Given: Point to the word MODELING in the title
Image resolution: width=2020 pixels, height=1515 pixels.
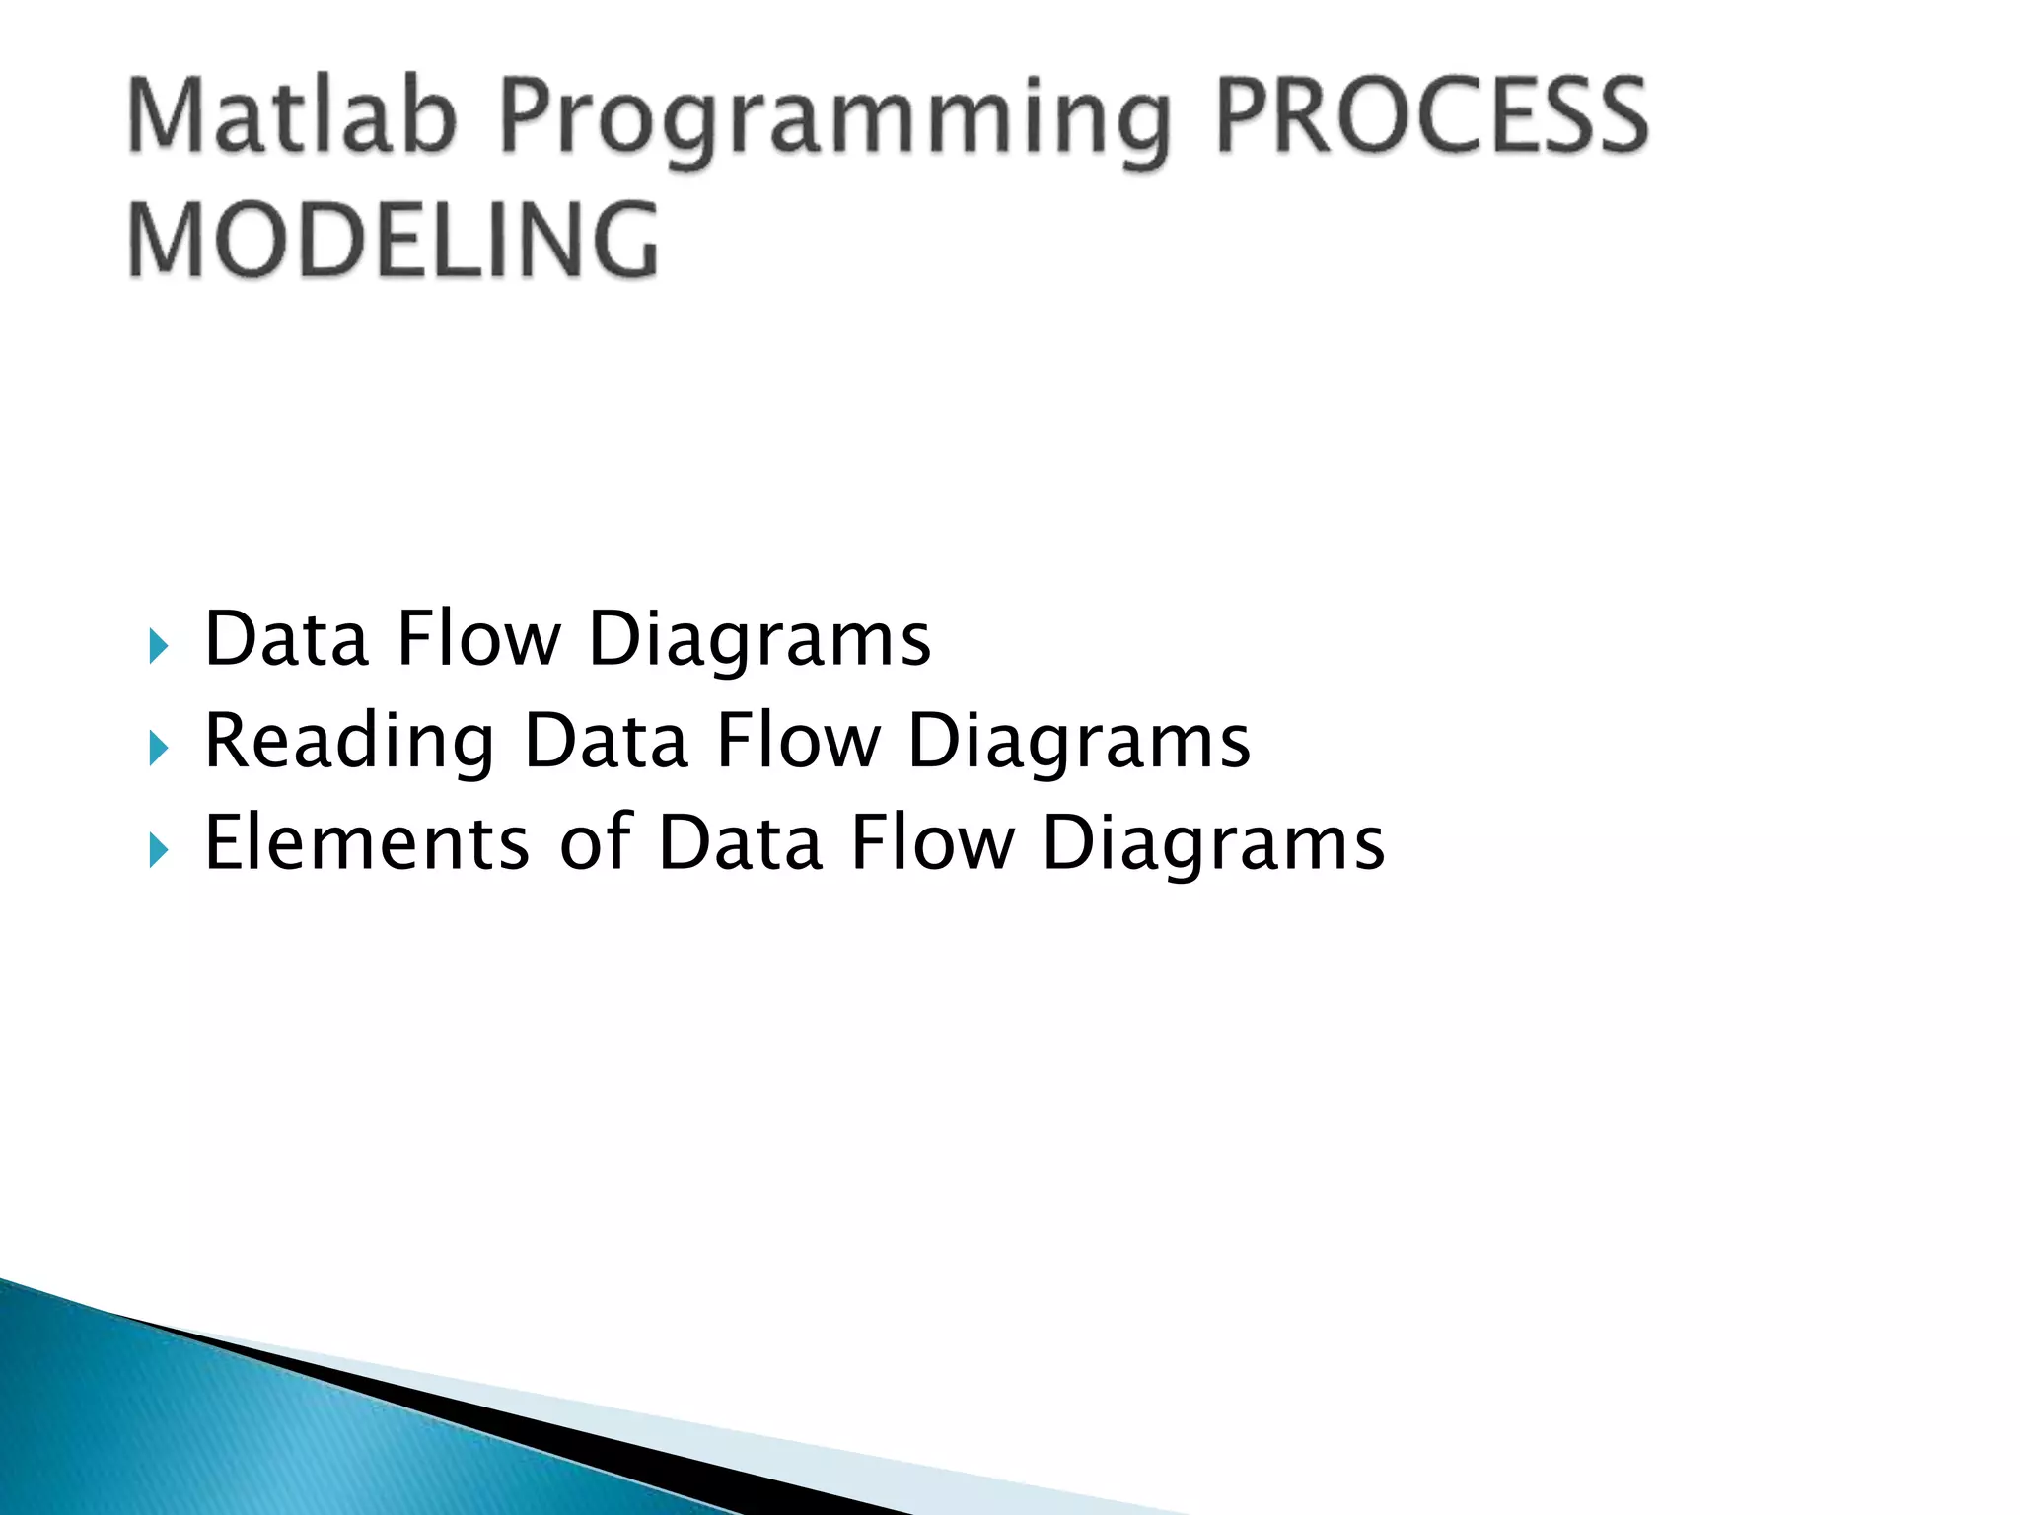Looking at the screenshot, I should (394, 240).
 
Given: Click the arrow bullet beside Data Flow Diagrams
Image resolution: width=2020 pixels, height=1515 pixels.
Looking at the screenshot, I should (158, 647).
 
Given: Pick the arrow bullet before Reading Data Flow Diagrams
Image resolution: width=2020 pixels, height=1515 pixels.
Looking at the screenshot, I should (158, 749).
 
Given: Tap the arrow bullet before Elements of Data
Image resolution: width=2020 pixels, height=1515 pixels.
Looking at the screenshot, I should (158, 849).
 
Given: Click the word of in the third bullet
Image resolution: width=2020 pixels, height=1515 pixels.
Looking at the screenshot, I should (596, 842).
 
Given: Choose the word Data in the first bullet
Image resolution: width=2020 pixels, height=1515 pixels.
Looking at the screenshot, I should (286, 639).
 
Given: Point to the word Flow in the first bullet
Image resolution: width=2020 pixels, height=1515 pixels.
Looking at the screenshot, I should (478, 639).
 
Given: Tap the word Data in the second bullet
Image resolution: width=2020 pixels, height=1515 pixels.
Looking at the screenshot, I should (605, 741).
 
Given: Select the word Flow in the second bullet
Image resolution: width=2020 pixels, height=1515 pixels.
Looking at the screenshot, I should (797, 741).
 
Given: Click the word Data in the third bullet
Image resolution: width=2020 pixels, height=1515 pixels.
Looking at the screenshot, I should (740, 842).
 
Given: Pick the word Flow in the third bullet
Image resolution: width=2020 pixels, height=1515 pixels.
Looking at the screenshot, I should (932, 842).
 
